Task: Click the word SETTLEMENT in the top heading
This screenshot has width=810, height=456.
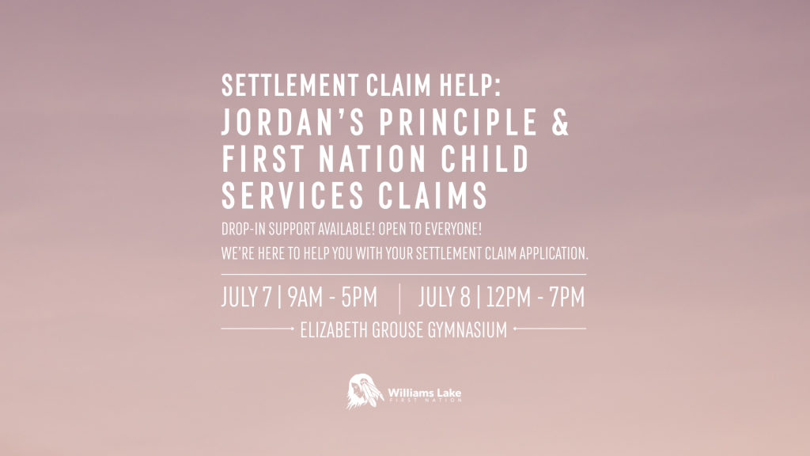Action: (290, 85)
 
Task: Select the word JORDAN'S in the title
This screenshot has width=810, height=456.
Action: (293, 122)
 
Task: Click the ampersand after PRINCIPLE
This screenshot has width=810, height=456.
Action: (560, 122)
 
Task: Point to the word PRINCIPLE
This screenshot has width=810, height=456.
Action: (458, 122)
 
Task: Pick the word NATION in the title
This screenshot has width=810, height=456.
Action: (373, 158)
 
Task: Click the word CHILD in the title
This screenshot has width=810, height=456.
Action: (485, 158)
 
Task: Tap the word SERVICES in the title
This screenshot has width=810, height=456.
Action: (293, 196)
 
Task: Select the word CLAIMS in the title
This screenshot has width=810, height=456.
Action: (433, 196)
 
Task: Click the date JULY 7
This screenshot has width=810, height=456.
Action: (247, 298)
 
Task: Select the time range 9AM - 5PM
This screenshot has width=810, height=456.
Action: (332, 298)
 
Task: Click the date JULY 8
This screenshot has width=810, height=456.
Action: (445, 298)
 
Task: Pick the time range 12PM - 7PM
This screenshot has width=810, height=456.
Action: (536, 298)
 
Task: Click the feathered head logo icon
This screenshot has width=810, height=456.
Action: (364, 391)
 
